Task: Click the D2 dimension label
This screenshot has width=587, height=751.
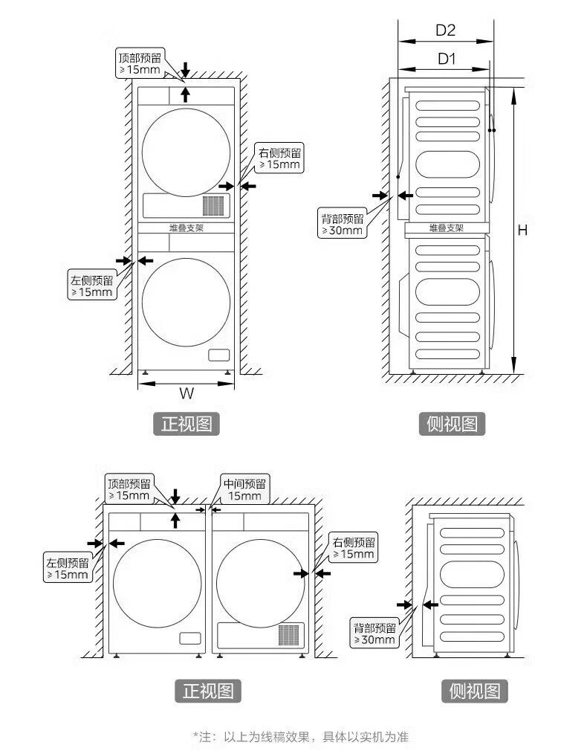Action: click(x=445, y=30)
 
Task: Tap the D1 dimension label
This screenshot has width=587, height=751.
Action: click(x=447, y=59)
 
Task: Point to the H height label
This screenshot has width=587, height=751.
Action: click(x=522, y=230)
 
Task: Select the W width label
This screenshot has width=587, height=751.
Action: click(x=187, y=393)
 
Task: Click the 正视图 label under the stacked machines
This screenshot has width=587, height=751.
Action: click(x=187, y=424)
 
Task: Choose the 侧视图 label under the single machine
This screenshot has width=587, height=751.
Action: click(x=475, y=691)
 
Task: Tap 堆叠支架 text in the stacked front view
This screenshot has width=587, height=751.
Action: click(x=186, y=228)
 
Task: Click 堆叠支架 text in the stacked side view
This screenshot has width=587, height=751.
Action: click(x=447, y=228)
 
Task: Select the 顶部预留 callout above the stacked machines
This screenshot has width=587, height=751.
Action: click(x=140, y=63)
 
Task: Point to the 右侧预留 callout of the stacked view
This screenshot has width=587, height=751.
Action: click(x=279, y=158)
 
